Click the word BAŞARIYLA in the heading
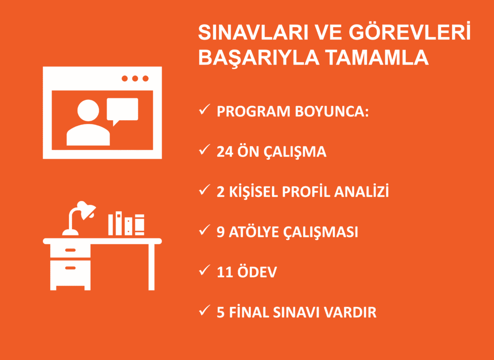[x=259, y=58]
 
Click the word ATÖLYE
[x=253, y=232]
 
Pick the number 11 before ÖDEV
[x=224, y=272]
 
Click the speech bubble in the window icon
[x=122, y=110]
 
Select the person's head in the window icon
[x=89, y=111]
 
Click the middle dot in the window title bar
[x=135, y=79]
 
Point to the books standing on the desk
[x=126, y=224]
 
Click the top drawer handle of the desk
[x=70, y=250]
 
